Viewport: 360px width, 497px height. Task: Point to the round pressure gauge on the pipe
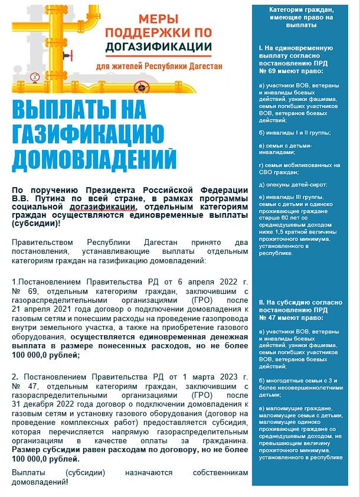click(x=35, y=76)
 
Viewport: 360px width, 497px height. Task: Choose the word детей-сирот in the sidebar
click(x=296, y=185)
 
